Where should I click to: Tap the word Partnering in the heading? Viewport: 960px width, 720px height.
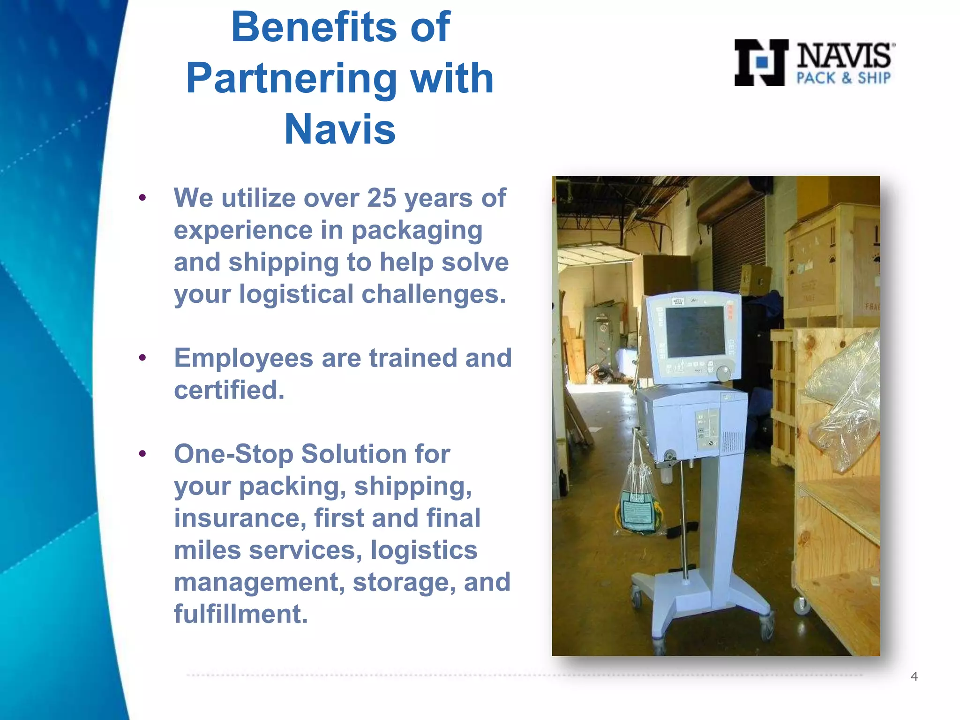(x=291, y=79)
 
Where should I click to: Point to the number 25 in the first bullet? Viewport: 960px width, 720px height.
(x=382, y=198)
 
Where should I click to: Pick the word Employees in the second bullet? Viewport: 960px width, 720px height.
(x=243, y=358)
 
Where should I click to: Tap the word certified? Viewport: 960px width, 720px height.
(x=229, y=390)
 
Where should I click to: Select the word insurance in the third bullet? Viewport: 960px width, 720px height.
(x=240, y=518)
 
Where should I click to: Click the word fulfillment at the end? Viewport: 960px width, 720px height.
(x=240, y=614)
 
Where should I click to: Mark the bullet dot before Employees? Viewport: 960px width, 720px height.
(x=142, y=358)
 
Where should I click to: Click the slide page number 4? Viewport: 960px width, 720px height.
(x=914, y=676)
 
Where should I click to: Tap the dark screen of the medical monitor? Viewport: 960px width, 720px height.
(x=695, y=331)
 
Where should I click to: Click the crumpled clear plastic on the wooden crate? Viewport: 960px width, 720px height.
(x=841, y=403)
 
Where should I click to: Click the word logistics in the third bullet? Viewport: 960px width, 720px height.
(x=423, y=550)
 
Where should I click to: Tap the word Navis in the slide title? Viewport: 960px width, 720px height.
(x=340, y=129)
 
